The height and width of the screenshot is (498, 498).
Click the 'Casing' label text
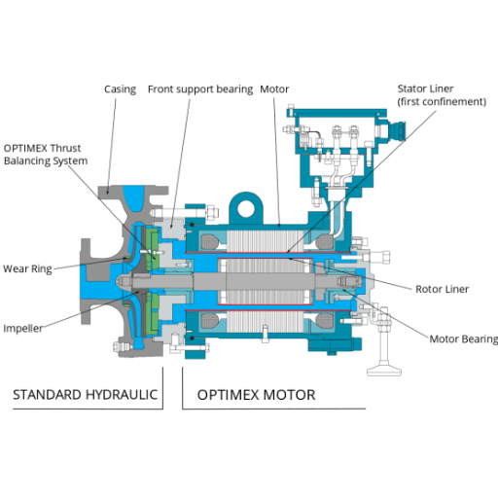click(120, 89)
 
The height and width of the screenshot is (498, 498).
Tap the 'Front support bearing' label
click(199, 89)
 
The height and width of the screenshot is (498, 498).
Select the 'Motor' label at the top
click(273, 89)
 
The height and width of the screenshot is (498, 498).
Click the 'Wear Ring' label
click(26, 268)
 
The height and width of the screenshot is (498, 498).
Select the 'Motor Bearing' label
click(463, 339)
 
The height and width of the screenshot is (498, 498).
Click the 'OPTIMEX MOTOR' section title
click(256, 395)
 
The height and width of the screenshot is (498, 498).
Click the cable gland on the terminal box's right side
click(397, 130)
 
